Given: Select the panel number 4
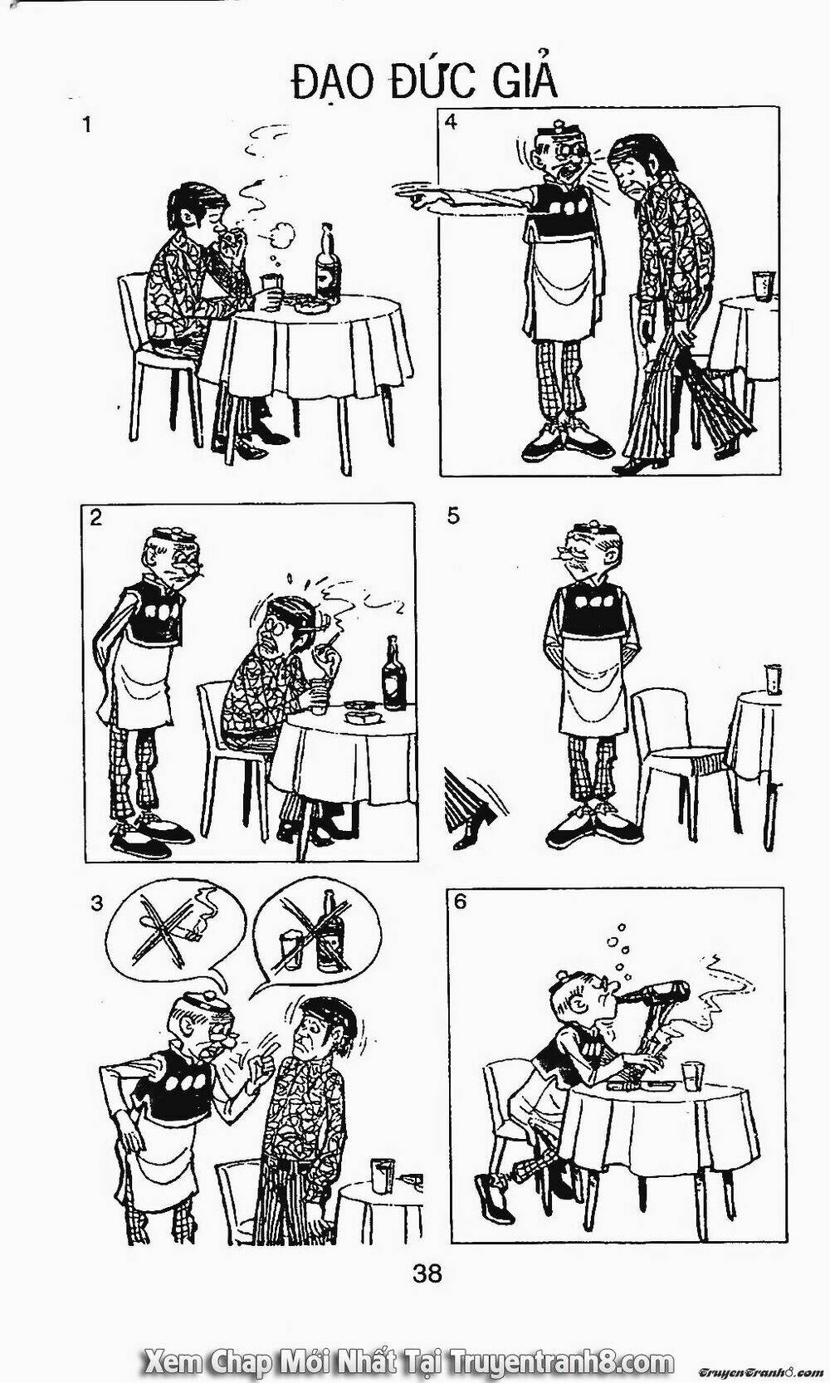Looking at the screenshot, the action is pyautogui.click(x=451, y=123).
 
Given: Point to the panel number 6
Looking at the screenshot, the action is pyautogui.click(x=461, y=902).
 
